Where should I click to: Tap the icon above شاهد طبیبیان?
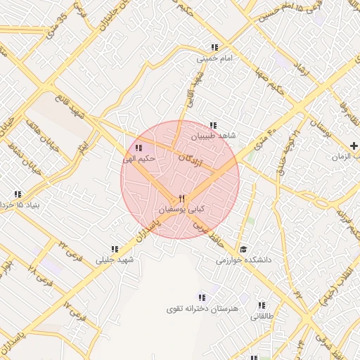[x=213, y=124]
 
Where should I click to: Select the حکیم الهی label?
[x=138, y=159]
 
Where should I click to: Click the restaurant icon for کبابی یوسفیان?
[x=181, y=198]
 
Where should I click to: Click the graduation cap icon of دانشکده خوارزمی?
[x=243, y=249]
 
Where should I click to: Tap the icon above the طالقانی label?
[x=262, y=305]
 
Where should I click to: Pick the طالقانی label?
[x=262, y=316]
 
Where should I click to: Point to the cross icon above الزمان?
[x=354, y=146]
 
